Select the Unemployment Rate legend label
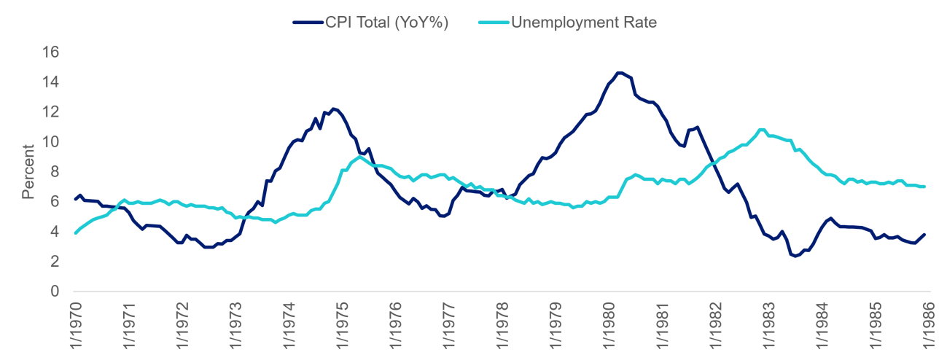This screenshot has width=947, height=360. (583, 23)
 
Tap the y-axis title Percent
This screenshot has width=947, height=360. (28, 172)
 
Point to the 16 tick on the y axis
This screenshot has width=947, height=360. (49, 52)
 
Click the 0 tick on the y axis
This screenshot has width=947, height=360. (53, 291)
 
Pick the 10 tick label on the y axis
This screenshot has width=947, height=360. (49, 142)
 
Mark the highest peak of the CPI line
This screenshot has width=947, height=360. (619, 73)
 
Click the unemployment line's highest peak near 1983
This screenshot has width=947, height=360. (762, 130)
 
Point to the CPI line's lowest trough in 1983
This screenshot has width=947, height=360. (793, 256)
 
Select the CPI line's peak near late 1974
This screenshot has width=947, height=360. (334, 109)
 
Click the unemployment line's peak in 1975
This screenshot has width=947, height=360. (360, 157)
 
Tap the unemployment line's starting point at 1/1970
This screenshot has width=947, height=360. (75, 233)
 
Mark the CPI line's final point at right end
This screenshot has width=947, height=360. (924, 235)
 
